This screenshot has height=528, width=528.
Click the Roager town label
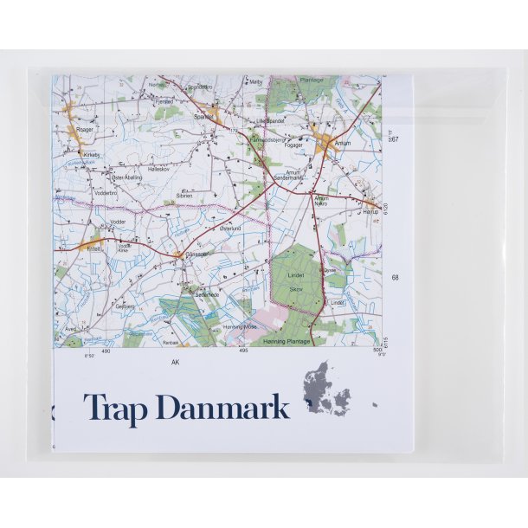point(84,129)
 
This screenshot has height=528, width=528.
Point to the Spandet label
point(204,116)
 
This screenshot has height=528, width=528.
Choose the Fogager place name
point(294,146)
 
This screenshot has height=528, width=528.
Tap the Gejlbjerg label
point(125,306)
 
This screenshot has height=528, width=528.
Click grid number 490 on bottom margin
point(106,352)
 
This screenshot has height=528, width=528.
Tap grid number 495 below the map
point(244,351)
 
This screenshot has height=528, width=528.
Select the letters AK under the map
point(176,362)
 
